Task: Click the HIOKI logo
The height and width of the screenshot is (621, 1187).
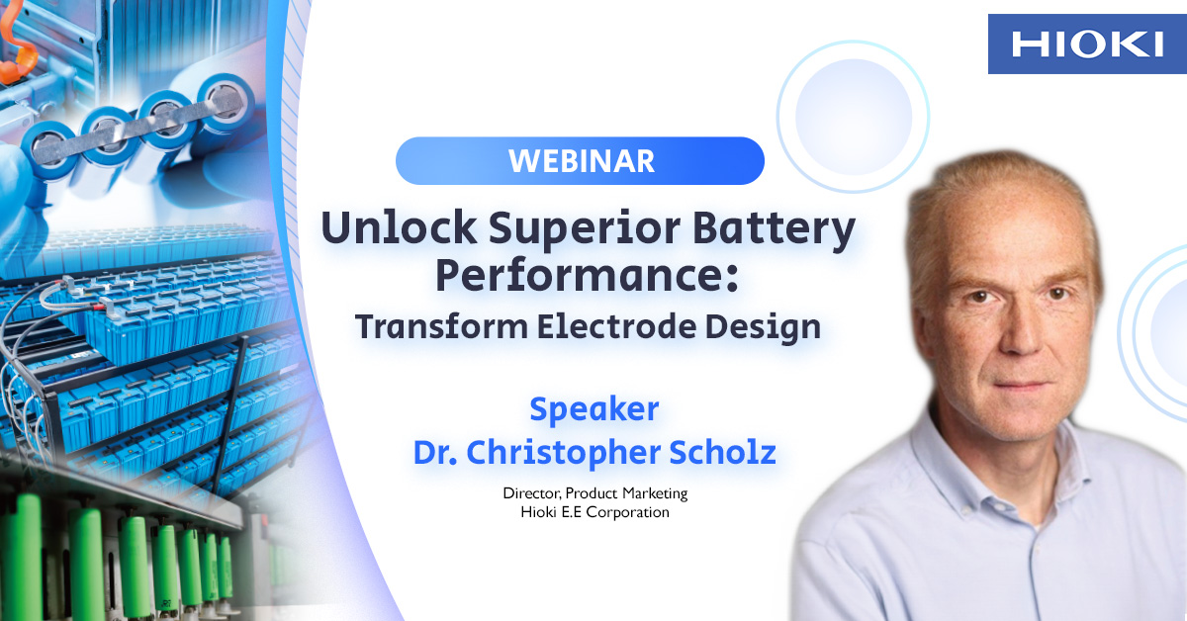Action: pos(1087,44)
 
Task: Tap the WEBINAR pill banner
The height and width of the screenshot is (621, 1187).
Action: pos(580,161)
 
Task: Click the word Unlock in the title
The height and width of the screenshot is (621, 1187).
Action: pos(399,228)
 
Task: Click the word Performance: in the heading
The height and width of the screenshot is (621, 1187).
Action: pos(588,276)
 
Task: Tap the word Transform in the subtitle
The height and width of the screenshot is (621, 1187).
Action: pos(441,326)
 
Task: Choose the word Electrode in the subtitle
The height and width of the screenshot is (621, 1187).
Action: pos(616,326)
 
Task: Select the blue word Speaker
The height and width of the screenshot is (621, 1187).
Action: pos(594,409)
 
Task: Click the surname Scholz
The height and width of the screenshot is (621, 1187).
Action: pos(722,453)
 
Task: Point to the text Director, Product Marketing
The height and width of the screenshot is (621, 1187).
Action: pos(595,493)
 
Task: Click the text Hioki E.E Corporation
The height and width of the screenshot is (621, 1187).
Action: pos(594,512)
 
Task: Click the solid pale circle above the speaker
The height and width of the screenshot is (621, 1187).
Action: pos(853,117)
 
